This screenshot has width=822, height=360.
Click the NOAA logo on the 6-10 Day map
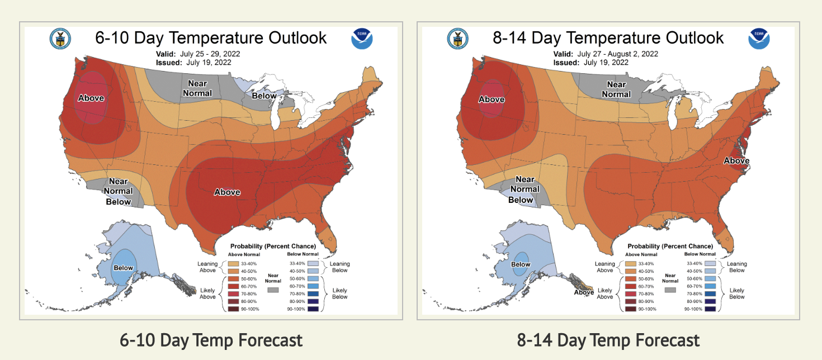(362, 39)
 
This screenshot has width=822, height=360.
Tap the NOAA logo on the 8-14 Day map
(759, 39)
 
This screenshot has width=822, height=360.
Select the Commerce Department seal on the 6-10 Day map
(60, 39)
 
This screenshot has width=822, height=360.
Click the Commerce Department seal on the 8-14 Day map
(457, 39)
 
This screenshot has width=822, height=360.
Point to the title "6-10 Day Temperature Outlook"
(211, 38)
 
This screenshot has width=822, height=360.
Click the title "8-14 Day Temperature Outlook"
(608, 38)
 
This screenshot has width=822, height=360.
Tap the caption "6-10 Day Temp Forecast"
(211, 340)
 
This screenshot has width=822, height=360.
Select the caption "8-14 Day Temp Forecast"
(608, 340)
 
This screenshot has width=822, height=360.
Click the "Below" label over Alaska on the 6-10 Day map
(124, 268)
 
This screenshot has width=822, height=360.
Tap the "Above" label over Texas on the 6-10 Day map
(227, 192)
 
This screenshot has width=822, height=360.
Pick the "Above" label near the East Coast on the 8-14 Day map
(736, 161)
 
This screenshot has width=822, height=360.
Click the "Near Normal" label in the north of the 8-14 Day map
(616, 89)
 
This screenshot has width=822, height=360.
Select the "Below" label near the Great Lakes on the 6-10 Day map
(264, 96)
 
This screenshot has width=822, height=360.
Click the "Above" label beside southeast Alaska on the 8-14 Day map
(584, 292)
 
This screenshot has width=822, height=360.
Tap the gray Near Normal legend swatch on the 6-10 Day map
(273, 291)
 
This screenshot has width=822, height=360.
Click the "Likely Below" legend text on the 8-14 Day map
(736, 293)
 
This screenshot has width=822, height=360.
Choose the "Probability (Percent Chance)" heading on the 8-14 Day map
(670, 246)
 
